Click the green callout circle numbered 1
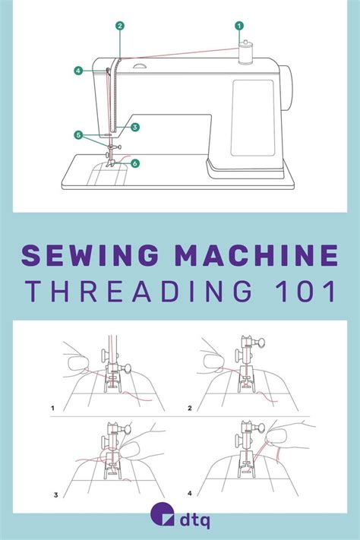(x=239, y=26)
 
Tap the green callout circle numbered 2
(x=120, y=26)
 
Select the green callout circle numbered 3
(x=134, y=127)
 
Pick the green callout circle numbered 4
(x=78, y=71)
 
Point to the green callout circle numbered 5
(x=78, y=135)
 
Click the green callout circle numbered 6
(x=134, y=163)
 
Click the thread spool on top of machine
(x=245, y=55)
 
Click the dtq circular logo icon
(x=158, y=519)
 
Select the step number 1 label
(x=53, y=408)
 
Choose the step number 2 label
(x=189, y=408)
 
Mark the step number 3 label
(x=55, y=495)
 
